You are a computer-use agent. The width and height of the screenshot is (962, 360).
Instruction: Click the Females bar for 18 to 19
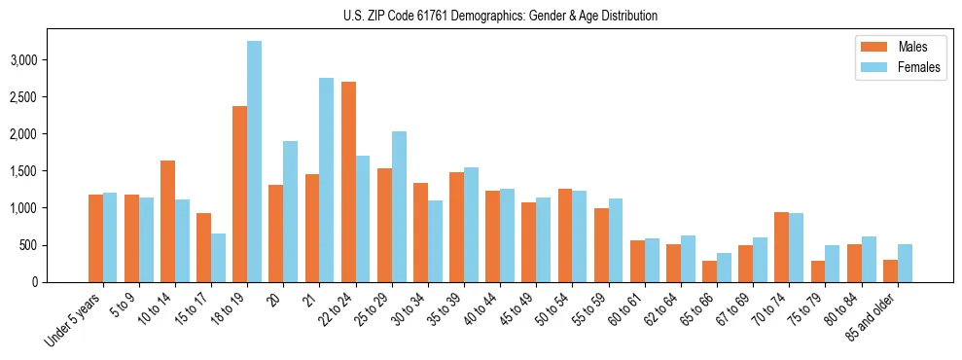tap(254, 162)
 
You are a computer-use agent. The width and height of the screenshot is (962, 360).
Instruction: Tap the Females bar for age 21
tap(326, 180)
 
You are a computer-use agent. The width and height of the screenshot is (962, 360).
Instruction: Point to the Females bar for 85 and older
tap(905, 263)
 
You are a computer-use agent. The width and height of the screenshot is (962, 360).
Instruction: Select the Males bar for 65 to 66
tap(709, 271)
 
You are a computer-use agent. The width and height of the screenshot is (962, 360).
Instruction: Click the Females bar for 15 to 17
tap(218, 258)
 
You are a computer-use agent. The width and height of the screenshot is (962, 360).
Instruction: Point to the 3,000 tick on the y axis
tap(51, 59)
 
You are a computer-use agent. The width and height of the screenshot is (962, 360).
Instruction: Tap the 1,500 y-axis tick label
tap(51, 171)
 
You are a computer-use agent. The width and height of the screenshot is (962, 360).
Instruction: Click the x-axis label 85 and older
tap(871, 317)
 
